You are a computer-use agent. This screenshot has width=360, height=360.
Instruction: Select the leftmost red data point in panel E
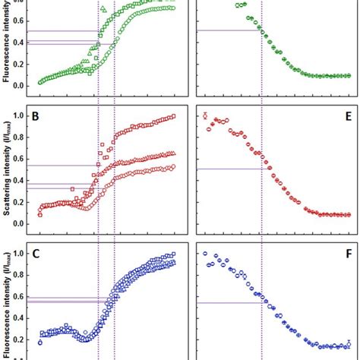tap(205, 115)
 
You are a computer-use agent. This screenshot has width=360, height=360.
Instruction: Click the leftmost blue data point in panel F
tap(205, 254)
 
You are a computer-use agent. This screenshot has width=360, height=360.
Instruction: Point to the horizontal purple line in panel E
tap(229, 169)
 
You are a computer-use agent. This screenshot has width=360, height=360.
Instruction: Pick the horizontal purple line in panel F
tap(229, 303)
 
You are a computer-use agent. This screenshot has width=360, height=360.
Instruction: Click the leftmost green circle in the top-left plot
tap(40, 82)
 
